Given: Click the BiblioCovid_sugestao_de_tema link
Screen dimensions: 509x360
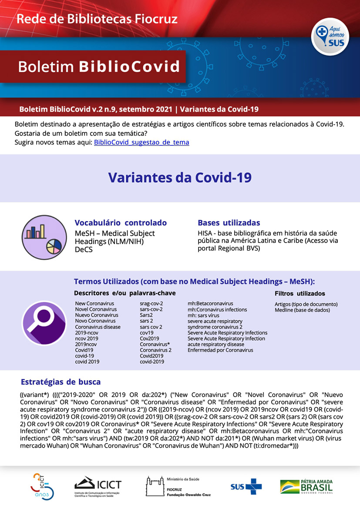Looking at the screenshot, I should (x=141, y=142).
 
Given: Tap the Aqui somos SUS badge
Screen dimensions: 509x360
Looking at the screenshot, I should (x=330, y=37).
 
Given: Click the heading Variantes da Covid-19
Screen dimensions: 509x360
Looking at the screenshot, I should (x=180, y=178).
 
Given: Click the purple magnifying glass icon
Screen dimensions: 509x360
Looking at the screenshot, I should (x=44, y=323).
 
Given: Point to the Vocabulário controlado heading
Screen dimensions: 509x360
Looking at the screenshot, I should (x=121, y=222).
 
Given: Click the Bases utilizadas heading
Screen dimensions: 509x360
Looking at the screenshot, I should (x=229, y=222).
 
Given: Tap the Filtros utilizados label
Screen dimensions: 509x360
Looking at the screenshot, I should (x=299, y=293).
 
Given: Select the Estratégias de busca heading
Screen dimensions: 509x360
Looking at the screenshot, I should (x=61, y=382).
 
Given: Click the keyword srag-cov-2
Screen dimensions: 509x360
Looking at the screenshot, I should (x=151, y=303).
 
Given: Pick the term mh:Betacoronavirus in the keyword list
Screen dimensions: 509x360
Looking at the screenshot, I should (x=210, y=303).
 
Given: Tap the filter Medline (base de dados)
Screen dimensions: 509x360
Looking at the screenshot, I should (x=302, y=310).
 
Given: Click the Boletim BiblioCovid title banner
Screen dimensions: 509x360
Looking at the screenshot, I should (x=98, y=67).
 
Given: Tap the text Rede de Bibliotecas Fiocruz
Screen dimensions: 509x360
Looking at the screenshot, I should (x=97, y=19).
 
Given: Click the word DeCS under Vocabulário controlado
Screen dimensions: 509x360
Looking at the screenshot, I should (x=84, y=249).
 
